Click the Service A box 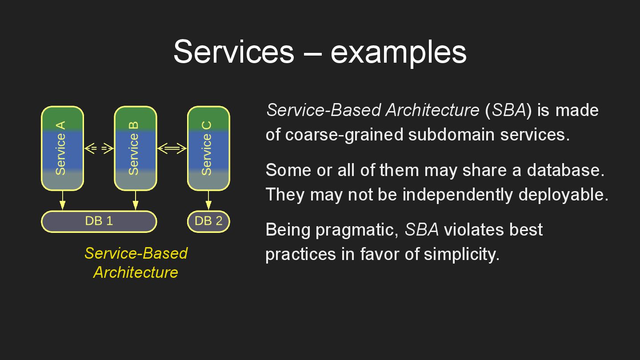(x=62, y=148)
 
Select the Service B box (x=135, y=148)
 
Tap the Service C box (x=208, y=148)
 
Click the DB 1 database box (x=99, y=221)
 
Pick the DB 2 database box (x=208, y=221)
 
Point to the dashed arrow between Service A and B (x=99, y=148)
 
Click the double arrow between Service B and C (x=172, y=148)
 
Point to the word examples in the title (x=398, y=52)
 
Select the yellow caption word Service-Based (x=136, y=253)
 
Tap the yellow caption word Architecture (x=136, y=272)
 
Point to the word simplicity (x=461, y=254)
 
